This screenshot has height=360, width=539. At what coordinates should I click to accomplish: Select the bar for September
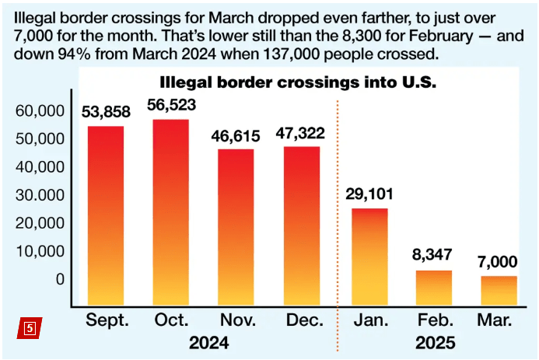tap(105, 214)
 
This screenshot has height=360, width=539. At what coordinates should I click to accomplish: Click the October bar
tap(170, 211)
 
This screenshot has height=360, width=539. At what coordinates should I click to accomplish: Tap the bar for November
tap(235, 225)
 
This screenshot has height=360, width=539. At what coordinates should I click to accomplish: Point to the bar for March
tap(499, 289)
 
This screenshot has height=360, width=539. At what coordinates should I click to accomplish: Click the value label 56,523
tap(170, 104)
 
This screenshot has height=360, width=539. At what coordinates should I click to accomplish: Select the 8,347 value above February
tap(433, 255)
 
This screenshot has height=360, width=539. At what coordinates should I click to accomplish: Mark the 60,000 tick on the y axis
tap(40, 111)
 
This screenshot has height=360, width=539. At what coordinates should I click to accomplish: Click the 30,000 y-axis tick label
tap(40, 195)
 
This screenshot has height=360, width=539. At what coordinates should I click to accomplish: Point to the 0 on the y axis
tap(60, 279)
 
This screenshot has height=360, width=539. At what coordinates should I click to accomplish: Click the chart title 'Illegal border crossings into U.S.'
tap(298, 82)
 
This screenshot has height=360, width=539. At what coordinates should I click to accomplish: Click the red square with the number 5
tap(30, 327)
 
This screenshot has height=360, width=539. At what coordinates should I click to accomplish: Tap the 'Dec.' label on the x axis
tap(300, 320)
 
